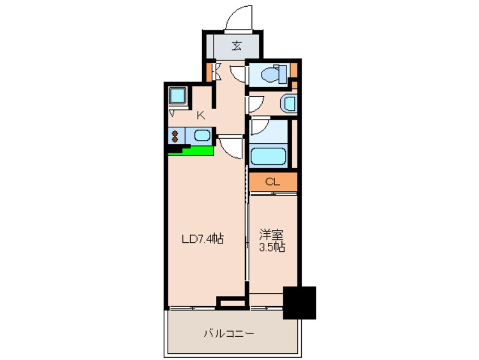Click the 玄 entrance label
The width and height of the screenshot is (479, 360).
[x=237, y=46]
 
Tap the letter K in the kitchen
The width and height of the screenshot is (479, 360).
[x=200, y=115]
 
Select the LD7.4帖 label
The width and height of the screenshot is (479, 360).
[x=203, y=239]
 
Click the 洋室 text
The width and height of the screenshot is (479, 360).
[x=272, y=235]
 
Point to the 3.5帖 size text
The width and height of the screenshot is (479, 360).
[x=272, y=247]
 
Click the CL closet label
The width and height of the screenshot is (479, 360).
[x=272, y=182]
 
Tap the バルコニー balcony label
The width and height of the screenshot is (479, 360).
[x=229, y=333]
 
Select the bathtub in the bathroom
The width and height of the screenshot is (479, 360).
[x=268, y=156]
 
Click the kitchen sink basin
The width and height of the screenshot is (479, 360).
[x=202, y=135]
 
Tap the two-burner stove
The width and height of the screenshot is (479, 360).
[x=175, y=136]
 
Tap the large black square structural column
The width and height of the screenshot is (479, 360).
[x=299, y=303]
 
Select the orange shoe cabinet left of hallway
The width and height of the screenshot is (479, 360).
[x=209, y=72]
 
